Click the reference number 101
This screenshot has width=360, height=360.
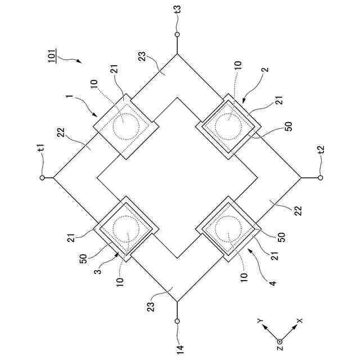51,57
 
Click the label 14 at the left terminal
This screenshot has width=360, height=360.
177,349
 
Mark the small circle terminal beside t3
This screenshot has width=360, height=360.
177,34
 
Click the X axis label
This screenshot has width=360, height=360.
300,320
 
